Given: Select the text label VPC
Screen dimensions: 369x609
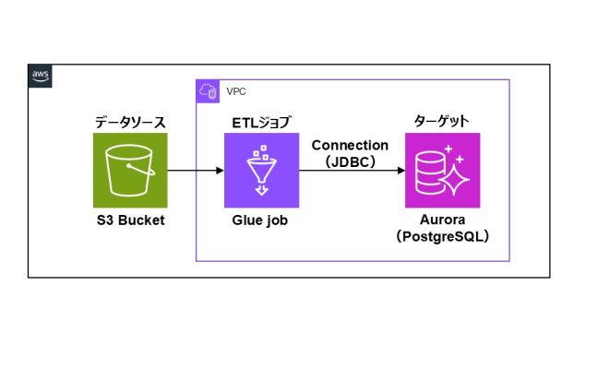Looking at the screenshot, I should (236, 92).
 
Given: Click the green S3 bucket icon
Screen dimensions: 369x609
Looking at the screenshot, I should (130, 170).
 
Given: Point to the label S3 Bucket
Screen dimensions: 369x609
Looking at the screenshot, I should (130, 221).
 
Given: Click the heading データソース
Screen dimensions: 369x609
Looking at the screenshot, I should (130, 122).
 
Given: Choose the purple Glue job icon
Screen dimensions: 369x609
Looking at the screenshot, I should (261, 170).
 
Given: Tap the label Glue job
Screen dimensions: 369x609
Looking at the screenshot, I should (261, 221).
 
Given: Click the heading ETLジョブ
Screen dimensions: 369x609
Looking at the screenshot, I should (261, 122).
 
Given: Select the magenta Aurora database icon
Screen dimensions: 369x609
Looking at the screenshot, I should (443, 170).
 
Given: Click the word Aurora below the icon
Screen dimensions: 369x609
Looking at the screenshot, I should (443, 221).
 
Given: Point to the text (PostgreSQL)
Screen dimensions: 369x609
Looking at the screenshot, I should (443, 237).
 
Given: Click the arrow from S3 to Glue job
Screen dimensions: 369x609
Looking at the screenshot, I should (196, 171).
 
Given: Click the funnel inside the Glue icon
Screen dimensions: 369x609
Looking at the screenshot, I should (261, 171).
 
